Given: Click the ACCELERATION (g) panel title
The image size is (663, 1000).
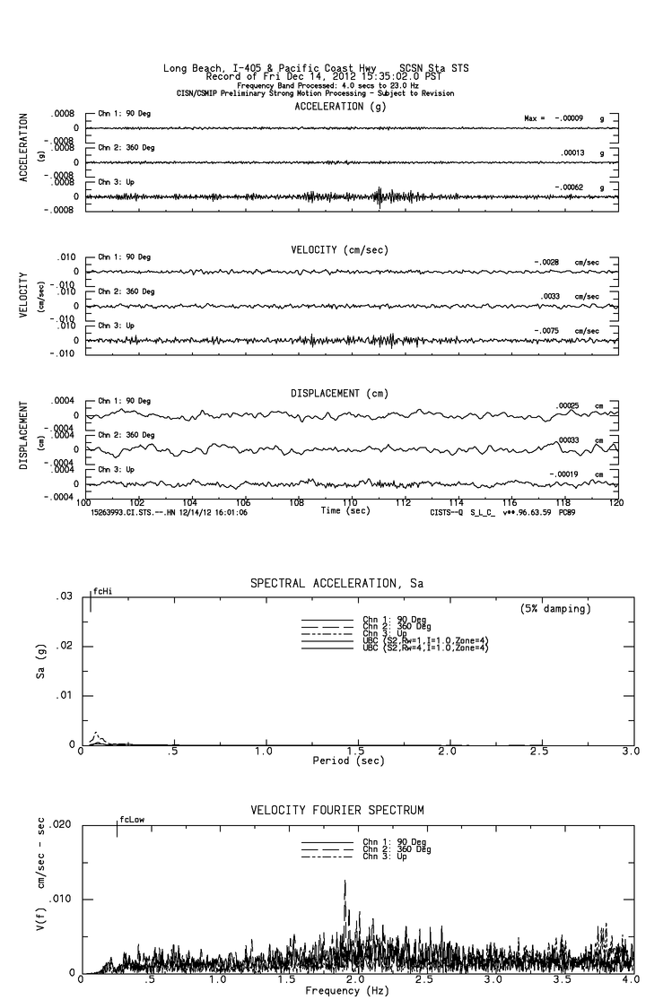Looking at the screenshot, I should [342, 107].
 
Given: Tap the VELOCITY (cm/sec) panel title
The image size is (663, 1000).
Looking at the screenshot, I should [339, 250].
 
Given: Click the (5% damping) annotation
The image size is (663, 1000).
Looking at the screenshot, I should [555, 608].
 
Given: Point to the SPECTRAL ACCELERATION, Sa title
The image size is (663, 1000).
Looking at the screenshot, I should [336, 584].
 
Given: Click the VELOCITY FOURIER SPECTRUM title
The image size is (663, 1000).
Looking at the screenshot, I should [337, 811].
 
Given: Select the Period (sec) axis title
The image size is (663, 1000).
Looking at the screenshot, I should [346, 761].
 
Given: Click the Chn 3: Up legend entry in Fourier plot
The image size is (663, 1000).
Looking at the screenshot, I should [392, 857].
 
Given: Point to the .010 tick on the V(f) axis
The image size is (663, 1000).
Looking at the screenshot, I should [62, 899].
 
